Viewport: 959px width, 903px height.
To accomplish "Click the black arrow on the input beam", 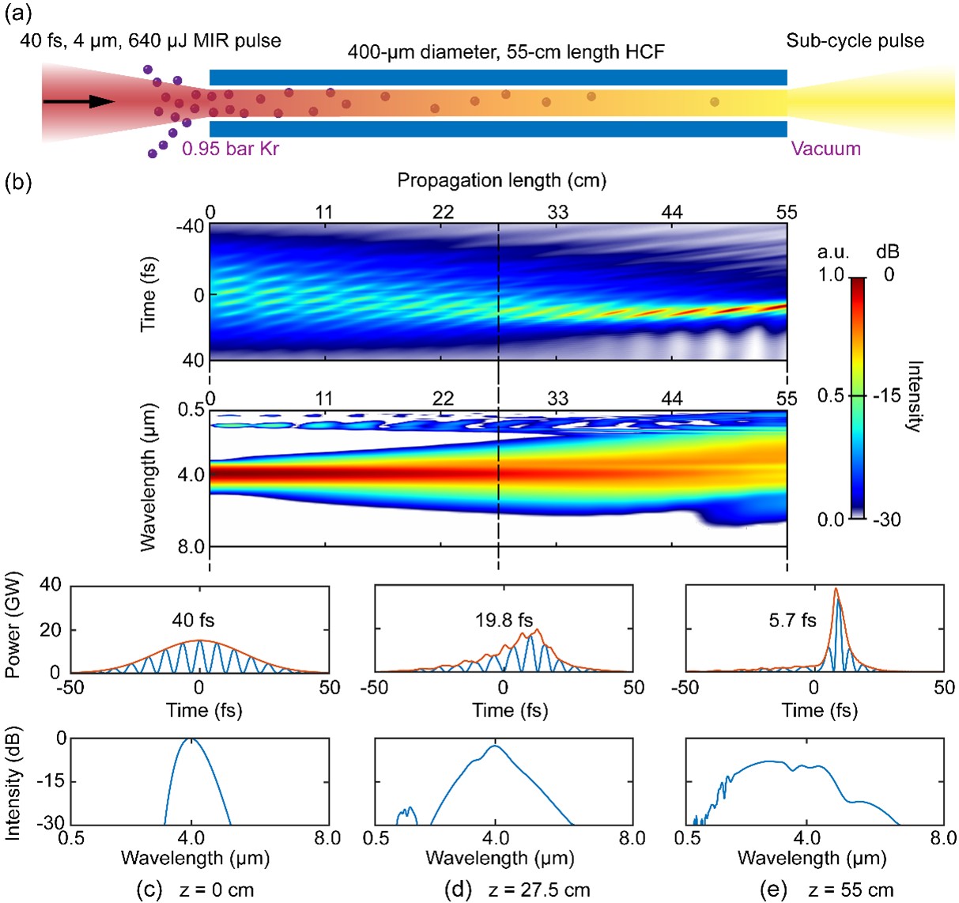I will point(79,101).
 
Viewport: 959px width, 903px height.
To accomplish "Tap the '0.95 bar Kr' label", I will point(230,149).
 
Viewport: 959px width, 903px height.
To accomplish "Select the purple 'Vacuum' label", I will point(825,149).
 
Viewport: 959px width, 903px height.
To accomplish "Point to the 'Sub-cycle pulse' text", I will point(855,41).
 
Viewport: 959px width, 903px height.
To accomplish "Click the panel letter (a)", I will point(17,13).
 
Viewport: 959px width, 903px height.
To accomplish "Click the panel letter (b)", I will point(17,183).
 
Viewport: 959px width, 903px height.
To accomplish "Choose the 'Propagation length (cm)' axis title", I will point(501,180).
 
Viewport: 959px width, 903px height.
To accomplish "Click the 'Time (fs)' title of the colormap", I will point(148,293).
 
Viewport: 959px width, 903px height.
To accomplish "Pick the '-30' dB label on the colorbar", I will point(889,520).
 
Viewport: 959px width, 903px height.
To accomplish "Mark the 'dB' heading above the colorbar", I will point(887,252).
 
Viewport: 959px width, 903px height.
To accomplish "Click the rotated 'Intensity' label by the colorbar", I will point(915,396).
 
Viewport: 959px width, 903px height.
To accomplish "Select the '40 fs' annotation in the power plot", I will point(194,620).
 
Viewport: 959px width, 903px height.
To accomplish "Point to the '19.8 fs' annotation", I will point(504,620).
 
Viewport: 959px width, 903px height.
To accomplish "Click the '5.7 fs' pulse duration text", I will point(792,620).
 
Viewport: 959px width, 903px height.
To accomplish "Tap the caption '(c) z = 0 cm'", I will point(195,890).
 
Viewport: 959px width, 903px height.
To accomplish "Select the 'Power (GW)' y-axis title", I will point(13,625).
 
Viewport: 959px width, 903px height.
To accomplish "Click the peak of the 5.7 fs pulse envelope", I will point(836,588).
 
